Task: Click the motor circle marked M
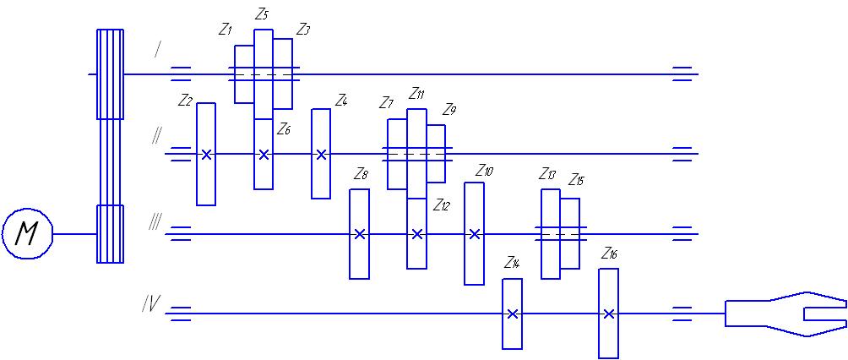[x=27, y=234]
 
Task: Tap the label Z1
[x=225, y=31]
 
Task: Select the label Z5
[x=261, y=15]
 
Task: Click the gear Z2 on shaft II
[x=206, y=154]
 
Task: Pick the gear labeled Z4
[x=321, y=154]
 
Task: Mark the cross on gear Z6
[x=264, y=154]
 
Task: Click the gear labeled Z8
[x=360, y=234]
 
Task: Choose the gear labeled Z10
[x=475, y=234]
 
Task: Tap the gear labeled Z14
[x=512, y=314]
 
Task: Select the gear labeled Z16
[x=608, y=314]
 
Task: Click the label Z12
[x=442, y=205]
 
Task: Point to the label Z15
[x=576, y=180]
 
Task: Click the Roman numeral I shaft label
[x=157, y=50]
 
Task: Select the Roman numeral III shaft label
[x=155, y=222]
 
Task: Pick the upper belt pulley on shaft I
[x=110, y=74]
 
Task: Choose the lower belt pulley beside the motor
[x=110, y=234]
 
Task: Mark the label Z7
[x=386, y=104]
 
